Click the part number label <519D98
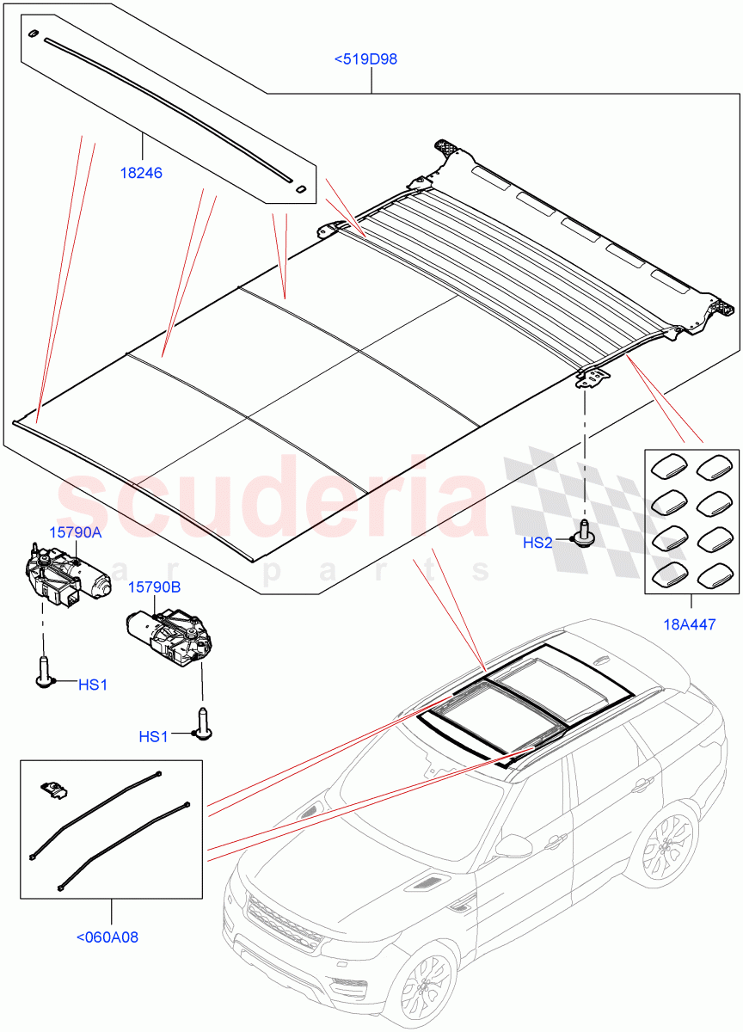(x=365, y=59)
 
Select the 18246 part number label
(x=141, y=173)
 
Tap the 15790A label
(x=75, y=532)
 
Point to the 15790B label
(x=154, y=587)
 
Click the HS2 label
(x=537, y=543)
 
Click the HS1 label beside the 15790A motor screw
(x=93, y=685)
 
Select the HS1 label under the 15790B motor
(x=153, y=736)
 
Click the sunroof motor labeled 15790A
(x=64, y=575)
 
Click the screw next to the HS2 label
(x=585, y=534)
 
